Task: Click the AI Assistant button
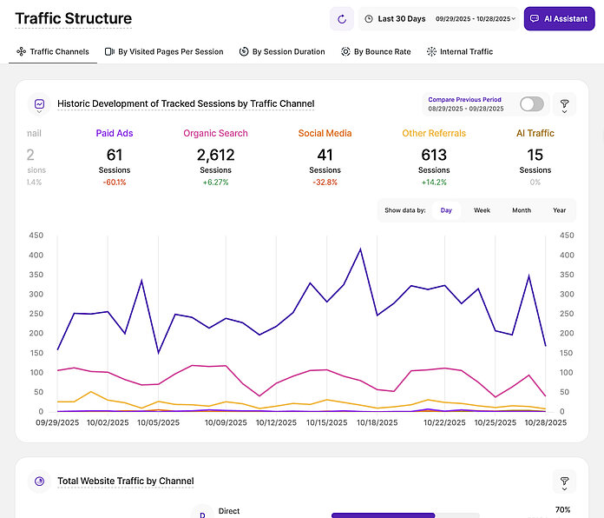(559, 18)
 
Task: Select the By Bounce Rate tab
(376, 52)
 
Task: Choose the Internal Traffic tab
(459, 52)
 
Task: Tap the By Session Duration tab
(282, 52)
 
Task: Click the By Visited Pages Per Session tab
(164, 52)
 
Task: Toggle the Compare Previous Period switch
(532, 104)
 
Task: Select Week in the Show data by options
(482, 210)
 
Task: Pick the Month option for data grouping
(521, 210)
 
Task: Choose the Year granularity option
(559, 210)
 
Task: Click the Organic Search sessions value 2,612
(215, 155)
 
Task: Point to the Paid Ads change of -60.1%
(114, 183)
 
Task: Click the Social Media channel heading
(325, 134)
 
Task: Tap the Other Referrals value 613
(434, 155)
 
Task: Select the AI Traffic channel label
(535, 134)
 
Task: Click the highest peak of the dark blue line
(360, 249)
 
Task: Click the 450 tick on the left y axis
(36, 236)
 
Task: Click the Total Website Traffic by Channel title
(126, 481)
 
